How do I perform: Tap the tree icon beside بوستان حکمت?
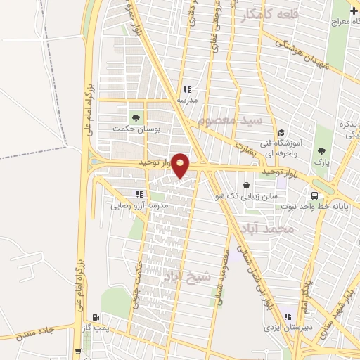coord(135,117)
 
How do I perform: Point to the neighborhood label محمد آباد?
coord(274,229)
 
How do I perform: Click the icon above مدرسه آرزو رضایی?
coord(139,193)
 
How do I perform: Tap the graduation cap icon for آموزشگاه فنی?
coord(281,132)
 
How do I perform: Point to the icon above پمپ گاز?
coord(96,317)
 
